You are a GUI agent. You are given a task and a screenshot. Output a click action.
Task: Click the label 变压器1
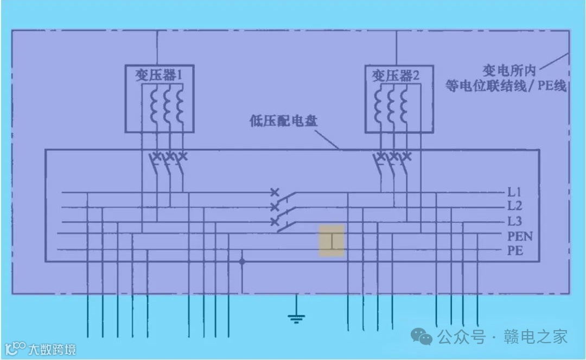coord(158,75)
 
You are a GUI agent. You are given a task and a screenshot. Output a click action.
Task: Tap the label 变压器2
coord(396,75)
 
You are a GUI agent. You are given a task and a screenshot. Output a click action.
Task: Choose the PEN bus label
coord(520,236)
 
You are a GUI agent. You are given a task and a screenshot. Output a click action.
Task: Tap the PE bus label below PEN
coord(515,250)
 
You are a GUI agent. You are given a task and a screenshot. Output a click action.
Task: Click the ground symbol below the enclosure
coord(296,317)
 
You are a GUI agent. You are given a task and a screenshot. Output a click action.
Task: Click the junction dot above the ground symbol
coord(242,262)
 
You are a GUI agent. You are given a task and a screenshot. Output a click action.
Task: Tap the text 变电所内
coord(509,70)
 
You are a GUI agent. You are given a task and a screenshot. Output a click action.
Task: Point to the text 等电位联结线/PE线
coord(505,86)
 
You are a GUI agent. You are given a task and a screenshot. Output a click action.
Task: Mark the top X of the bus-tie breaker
coord(275,192)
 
